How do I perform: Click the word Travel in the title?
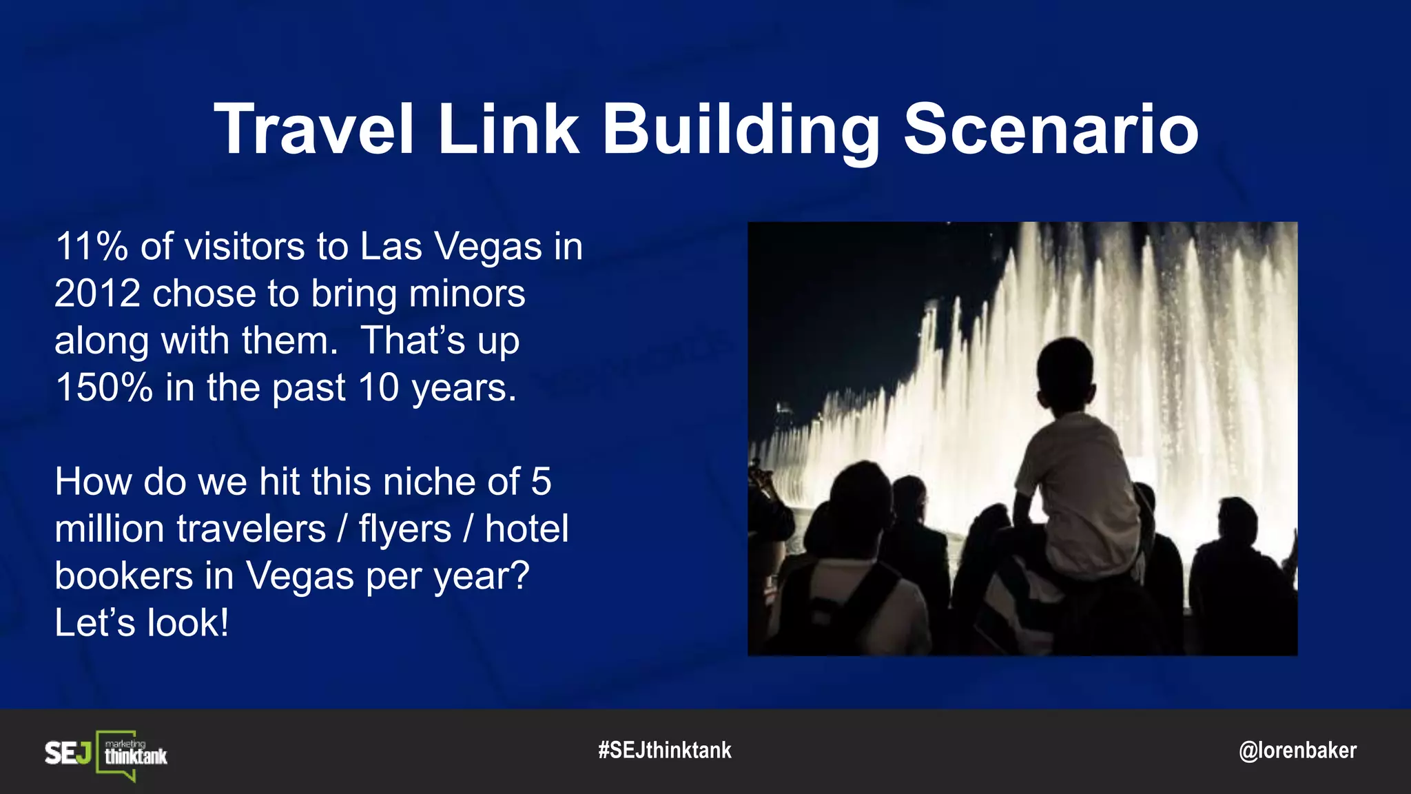pos(314,129)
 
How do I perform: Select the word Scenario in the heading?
pos(1051,129)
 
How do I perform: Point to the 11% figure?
pos(91,246)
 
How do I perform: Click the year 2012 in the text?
pos(97,294)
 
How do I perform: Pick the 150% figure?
pos(103,387)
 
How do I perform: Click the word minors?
pos(467,294)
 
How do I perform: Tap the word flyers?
pos(404,529)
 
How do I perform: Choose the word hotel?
pos(526,529)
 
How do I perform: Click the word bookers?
pos(123,576)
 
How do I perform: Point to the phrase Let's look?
pos(141,622)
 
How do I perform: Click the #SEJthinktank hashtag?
pos(665,750)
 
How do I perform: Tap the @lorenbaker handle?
pos(1297,750)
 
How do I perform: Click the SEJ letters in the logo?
pos(68,753)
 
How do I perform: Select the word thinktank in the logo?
pos(136,757)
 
